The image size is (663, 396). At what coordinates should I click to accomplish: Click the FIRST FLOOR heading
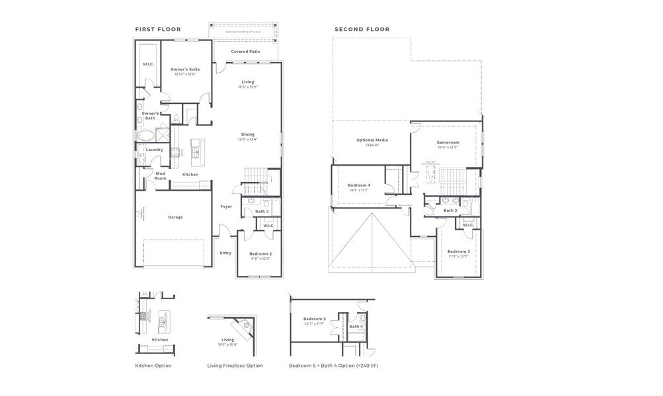click(x=158, y=29)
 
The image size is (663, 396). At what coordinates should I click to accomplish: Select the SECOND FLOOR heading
click(x=362, y=29)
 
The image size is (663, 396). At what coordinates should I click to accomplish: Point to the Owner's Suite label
click(x=185, y=69)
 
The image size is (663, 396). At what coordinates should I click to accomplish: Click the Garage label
click(x=175, y=217)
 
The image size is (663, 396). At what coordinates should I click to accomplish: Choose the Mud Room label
click(x=160, y=176)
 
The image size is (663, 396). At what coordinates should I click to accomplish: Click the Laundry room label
click(x=155, y=150)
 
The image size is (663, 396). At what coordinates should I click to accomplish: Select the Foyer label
click(x=226, y=207)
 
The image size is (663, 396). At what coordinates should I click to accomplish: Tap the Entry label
click(x=226, y=253)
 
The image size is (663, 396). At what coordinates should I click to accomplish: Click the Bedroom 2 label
click(x=260, y=254)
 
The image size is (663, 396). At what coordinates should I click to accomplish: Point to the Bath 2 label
click(x=262, y=211)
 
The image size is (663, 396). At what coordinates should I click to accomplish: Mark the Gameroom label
click(x=448, y=143)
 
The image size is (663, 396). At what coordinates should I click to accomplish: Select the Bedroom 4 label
click(x=358, y=185)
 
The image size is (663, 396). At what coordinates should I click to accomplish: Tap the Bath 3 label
click(x=450, y=211)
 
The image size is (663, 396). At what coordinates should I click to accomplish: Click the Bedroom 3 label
click(x=458, y=251)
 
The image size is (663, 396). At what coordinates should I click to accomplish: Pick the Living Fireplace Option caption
click(x=235, y=365)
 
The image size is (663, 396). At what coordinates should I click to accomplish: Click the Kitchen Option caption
click(x=153, y=365)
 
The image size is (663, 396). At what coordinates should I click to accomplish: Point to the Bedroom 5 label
click(x=314, y=319)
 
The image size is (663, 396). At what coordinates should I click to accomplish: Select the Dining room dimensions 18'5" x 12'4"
click(x=247, y=140)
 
